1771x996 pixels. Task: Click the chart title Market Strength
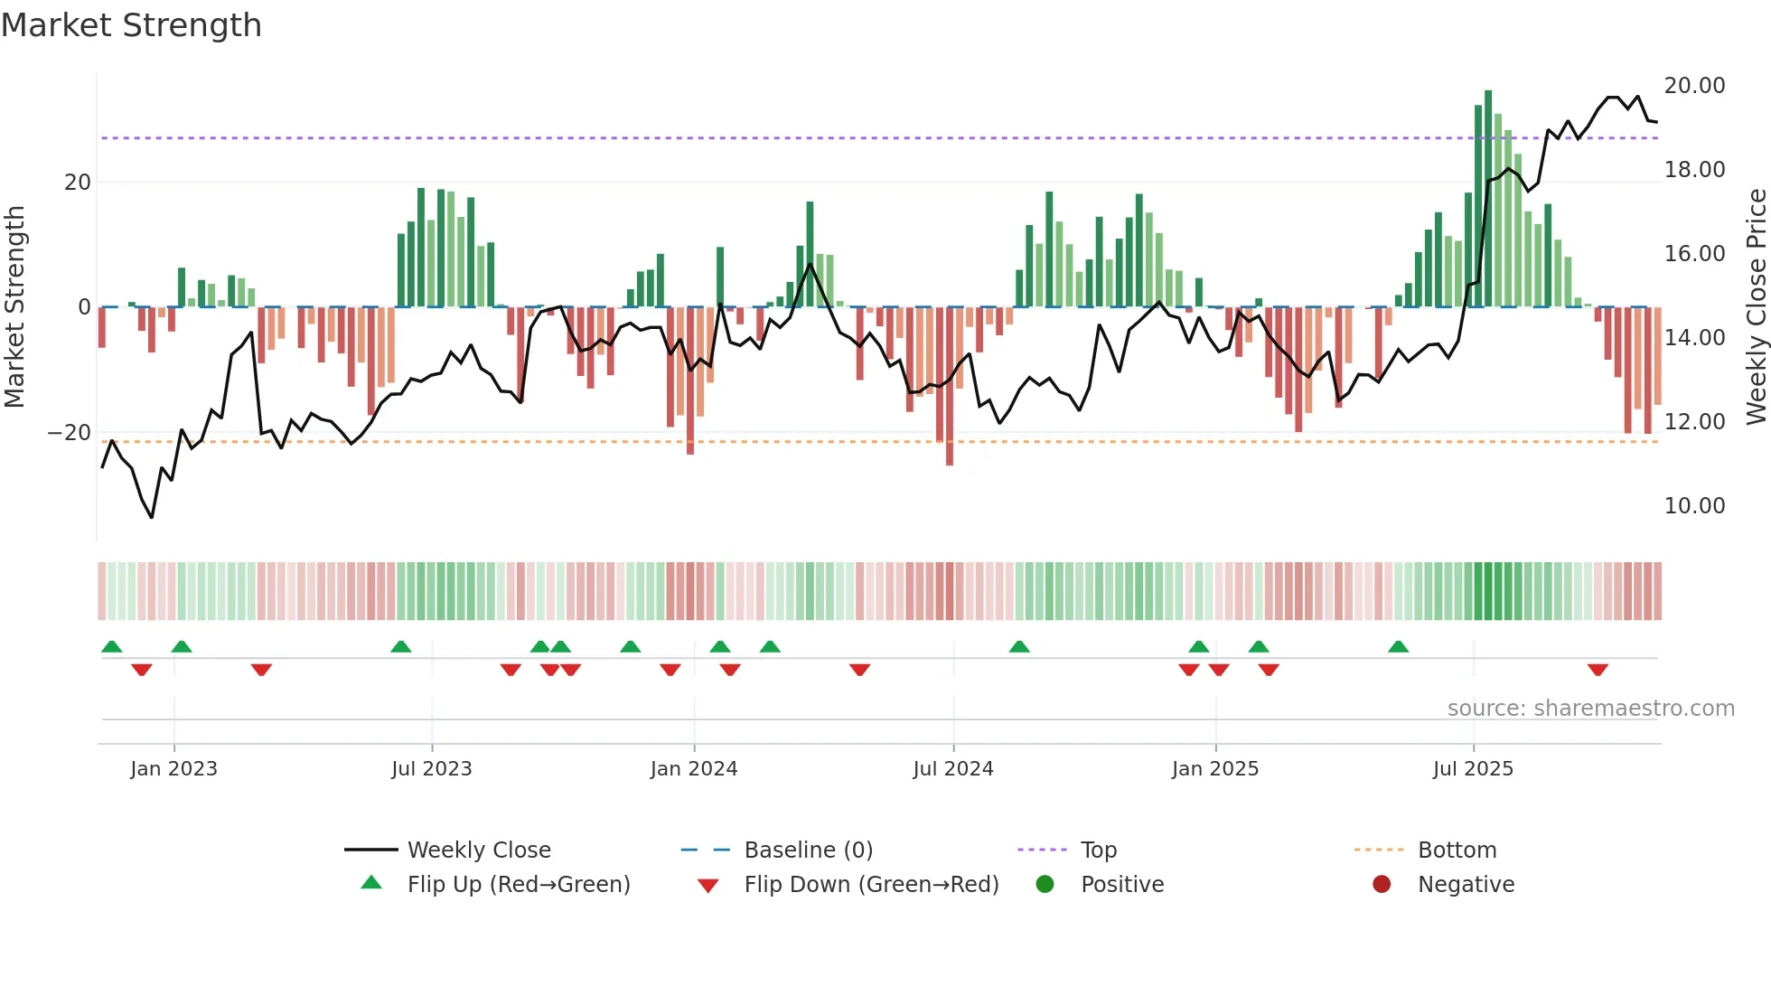pyautogui.click(x=131, y=25)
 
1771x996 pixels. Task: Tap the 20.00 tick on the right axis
pyautogui.click(x=1694, y=86)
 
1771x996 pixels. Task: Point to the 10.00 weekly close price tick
pyautogui.click(x=1694, y=506)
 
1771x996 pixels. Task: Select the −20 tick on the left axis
pyautogui.click(x=70, y=433)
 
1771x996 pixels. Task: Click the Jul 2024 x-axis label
pyautogui.click(x=952, y=769)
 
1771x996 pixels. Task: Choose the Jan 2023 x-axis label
pyautogui.click(x=173, y=769)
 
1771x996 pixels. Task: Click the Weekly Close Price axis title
pyautogui.click(x=1756, y=307)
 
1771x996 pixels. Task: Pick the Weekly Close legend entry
pyautogui.click(x=478, y=850)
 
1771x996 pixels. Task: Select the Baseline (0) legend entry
pyautogui.click(x=808, y=850)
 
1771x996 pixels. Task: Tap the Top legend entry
pyautogui.click(x=1098, y=850)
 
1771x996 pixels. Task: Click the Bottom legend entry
pyautogui.click(x=1457, y=850)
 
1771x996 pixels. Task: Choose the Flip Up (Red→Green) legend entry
pyautogui.click(x=518, y=885)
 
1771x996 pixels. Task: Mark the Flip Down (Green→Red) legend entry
pyautogui.click(x=870, y=885)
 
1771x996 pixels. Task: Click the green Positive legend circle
pyautogui.click(x=1045, y=885)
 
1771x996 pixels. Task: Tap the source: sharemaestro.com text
pyautogui.click(x=1590, y=709)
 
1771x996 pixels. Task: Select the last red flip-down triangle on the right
pyautogui.click(x=1598, y=670)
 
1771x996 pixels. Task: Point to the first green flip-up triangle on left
pyautogui.click(x=112, y=646)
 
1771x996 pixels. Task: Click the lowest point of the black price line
pyautogui.click(x=152, y=517)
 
